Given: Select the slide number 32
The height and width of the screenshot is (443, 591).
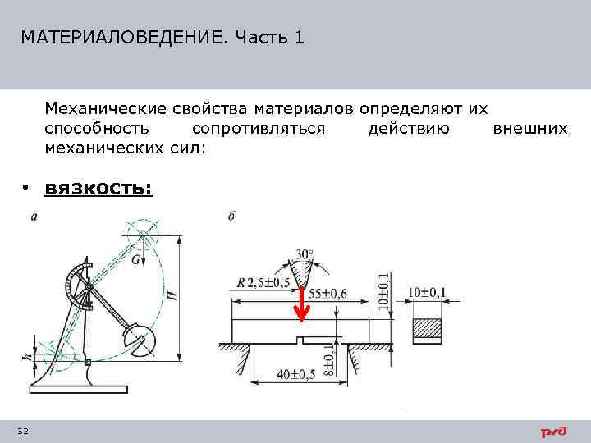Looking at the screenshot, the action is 22,432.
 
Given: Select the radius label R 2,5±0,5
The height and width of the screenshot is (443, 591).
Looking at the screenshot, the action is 265,283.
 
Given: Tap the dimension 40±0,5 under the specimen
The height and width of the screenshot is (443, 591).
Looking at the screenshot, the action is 295,374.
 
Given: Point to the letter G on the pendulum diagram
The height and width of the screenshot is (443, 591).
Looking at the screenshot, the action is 135,259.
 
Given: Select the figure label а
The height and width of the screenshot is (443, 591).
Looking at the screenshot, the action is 33,217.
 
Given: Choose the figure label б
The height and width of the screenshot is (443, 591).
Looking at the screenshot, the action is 231,217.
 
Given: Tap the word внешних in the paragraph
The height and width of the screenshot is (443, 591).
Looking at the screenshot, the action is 530,129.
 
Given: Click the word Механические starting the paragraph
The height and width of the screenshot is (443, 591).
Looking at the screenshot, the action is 105,108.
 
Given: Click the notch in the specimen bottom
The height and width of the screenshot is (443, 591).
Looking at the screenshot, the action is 302,340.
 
